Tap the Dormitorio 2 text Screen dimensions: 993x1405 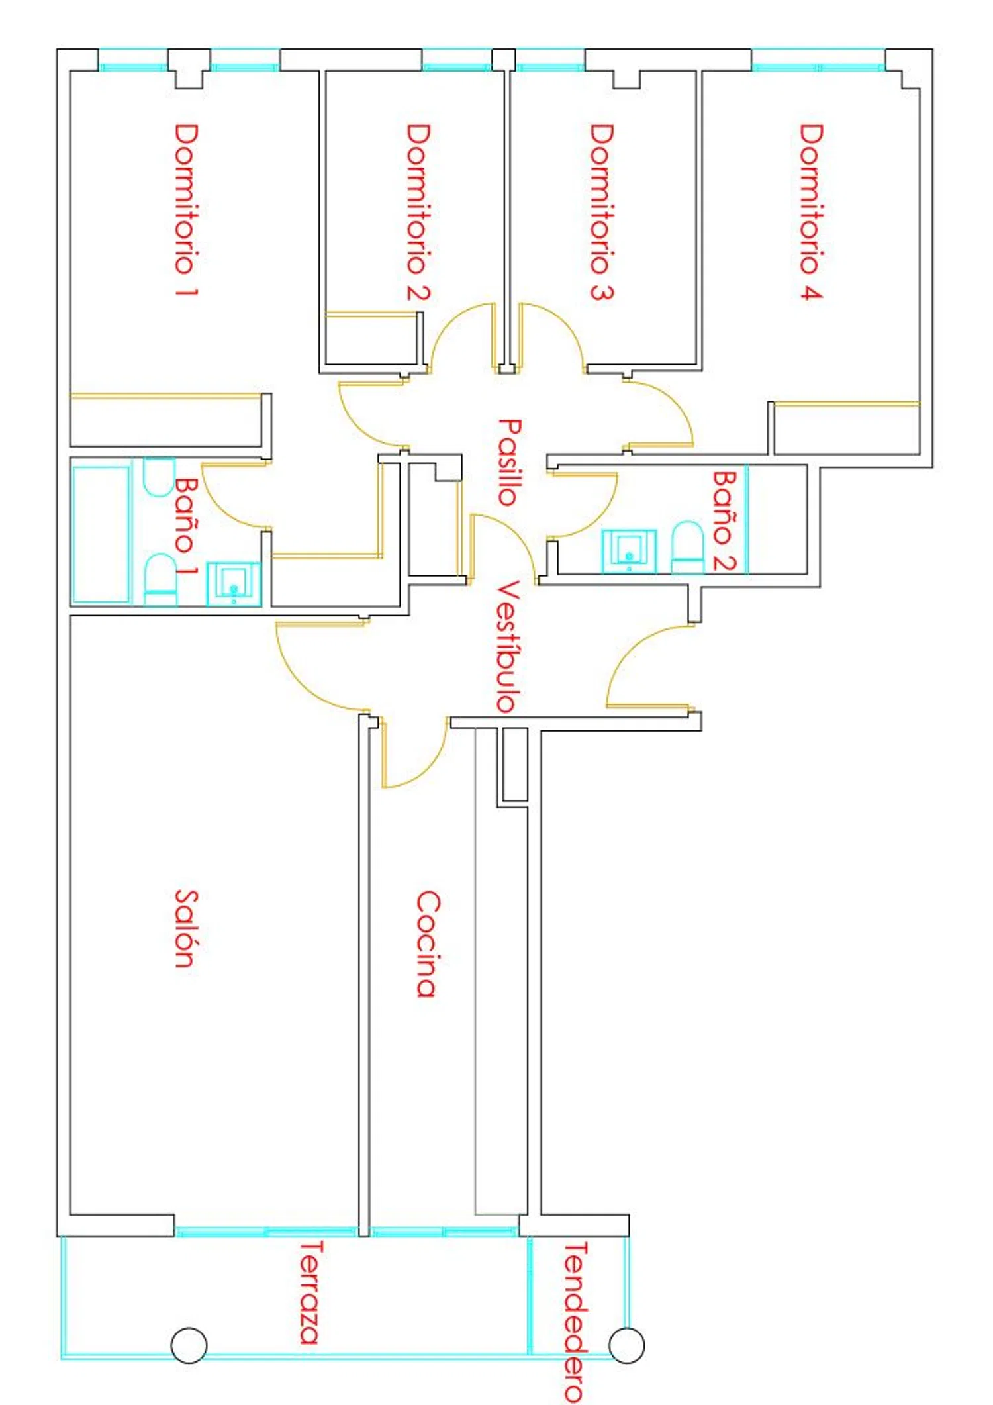tap(418, 213)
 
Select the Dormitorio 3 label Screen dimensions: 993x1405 tap(602, 213)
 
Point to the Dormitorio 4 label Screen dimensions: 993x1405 tap(811, 213)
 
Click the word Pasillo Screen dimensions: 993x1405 tap(509, 462)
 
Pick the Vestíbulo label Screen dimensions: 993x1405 tap(508, 647)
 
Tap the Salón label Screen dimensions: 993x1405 tap(186, 928)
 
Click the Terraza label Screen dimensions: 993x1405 tap(310, 1292)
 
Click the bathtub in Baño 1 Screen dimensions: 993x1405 tap(101, 535)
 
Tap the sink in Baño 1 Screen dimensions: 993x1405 tap(234, 584)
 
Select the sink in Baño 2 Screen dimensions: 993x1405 tap(629, 551)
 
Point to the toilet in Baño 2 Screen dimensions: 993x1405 tap(688, 547)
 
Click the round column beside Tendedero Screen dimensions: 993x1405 tap(626, 1345)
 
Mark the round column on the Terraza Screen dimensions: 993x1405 tap(189, 1345)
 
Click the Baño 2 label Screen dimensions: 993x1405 tap(725, 520)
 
